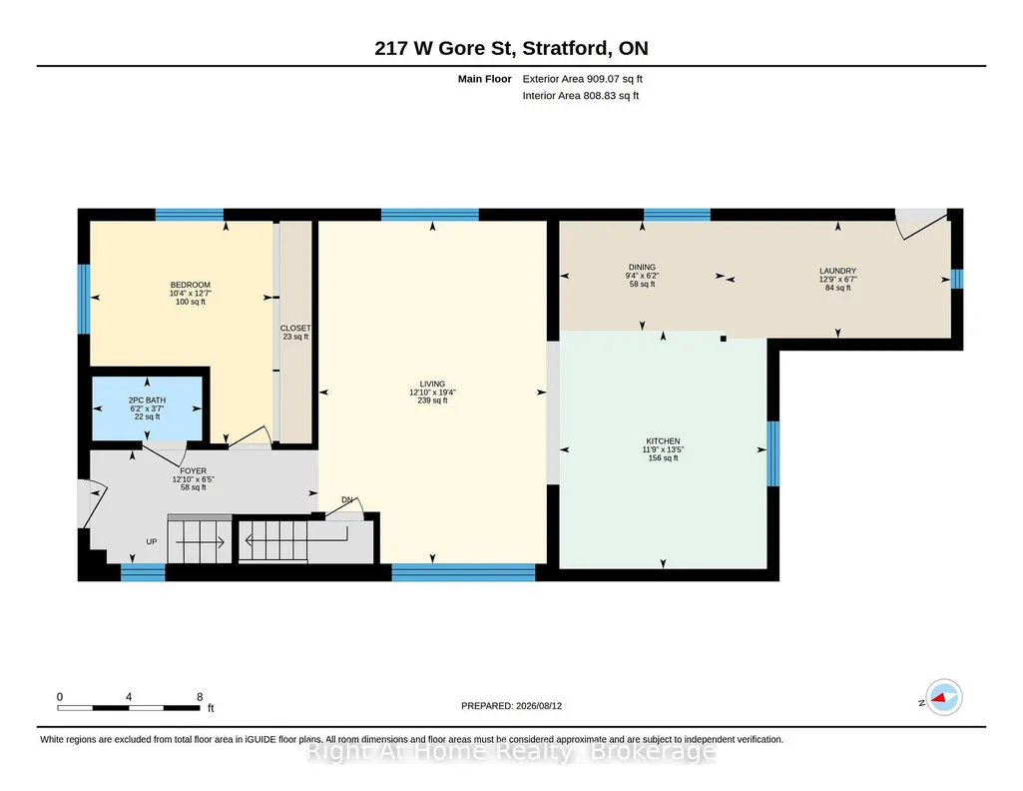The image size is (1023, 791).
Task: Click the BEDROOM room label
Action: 191,285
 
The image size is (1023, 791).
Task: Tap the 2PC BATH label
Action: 147,400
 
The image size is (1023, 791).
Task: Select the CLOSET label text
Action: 295,329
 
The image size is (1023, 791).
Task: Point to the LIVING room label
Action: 432,384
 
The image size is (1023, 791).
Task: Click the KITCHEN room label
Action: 663,441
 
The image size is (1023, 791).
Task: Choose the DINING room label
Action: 642,267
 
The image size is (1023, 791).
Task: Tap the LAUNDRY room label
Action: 837,271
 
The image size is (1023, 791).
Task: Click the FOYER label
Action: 193,471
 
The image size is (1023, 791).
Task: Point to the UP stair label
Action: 152,541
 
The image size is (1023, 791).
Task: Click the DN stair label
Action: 347,500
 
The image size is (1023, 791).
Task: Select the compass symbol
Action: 944,698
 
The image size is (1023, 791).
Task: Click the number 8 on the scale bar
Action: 200,697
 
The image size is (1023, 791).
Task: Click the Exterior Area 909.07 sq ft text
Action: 583,79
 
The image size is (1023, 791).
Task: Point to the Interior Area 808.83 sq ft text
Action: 581,96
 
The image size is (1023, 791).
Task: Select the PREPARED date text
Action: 511,706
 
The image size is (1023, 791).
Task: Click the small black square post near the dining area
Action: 723,339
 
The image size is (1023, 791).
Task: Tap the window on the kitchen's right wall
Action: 773,453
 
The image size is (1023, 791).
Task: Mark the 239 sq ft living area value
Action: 432,400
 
